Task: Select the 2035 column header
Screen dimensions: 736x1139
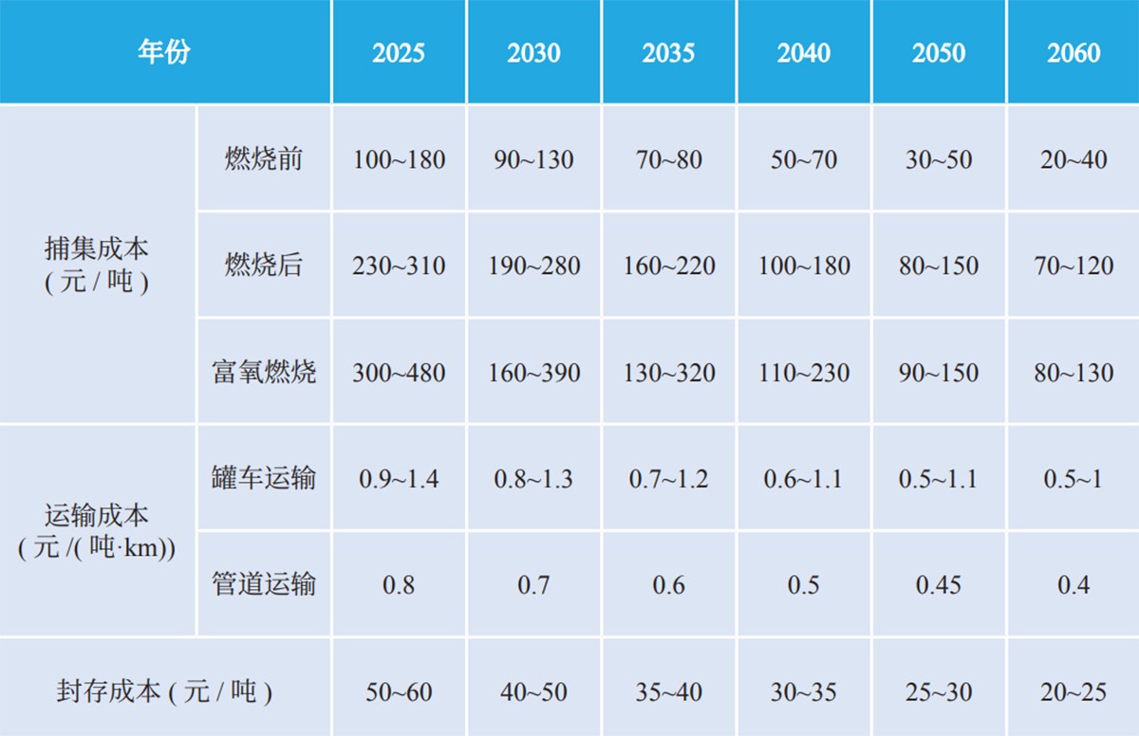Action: (668, 52)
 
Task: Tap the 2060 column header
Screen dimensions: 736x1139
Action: (1074, 52)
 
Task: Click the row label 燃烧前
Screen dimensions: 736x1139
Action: (264, 158)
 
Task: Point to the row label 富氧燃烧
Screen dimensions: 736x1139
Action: (264, 372)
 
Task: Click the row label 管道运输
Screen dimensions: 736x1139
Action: (264, 584)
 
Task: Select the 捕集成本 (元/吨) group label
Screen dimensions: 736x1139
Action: (97, 265)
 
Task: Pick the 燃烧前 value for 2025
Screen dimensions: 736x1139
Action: (399, 159)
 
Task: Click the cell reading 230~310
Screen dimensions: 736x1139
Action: (399, 266)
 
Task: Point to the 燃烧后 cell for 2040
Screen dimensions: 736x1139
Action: (804, 266)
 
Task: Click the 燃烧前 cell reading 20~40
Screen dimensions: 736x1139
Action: (1074, 159)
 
